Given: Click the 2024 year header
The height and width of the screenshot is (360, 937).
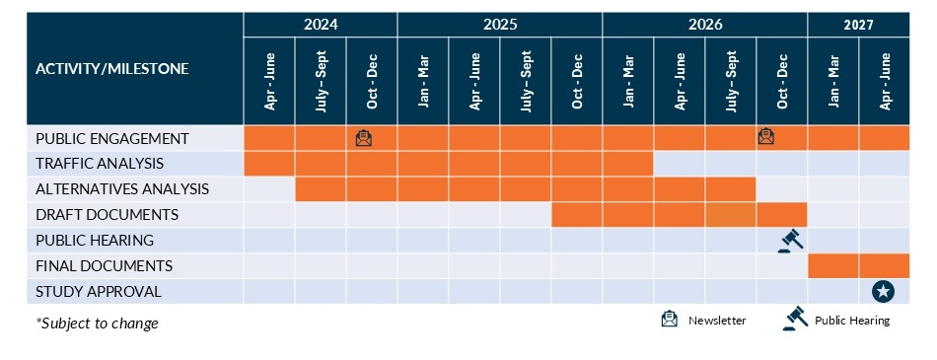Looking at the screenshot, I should point(321,24).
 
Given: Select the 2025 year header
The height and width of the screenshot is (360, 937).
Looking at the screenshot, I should point(500,24).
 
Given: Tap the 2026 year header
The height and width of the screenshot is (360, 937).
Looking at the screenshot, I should point(704,24).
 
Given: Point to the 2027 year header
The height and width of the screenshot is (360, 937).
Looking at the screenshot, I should point(858,24).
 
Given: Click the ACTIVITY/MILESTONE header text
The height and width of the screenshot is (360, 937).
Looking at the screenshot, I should point(111,69).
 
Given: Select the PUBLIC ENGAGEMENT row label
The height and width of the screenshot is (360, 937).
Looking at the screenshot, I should point(111,138).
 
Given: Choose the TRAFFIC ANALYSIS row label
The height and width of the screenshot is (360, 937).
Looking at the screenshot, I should point(99,164).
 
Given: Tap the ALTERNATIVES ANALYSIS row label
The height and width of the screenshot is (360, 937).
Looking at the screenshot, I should point(121,189).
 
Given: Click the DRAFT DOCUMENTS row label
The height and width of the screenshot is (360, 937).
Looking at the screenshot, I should point(107,215).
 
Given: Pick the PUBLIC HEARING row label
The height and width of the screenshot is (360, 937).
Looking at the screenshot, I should point(94,241).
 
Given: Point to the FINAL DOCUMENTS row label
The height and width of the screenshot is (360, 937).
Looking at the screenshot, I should point(104,266).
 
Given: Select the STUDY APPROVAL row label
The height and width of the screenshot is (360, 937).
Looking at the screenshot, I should point(98,292).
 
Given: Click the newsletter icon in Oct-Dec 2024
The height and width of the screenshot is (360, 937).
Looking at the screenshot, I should point(364,138).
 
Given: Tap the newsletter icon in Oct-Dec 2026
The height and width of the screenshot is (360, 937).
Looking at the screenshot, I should point(766,137).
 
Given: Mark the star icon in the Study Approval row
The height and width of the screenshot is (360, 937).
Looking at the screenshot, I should point(884,291).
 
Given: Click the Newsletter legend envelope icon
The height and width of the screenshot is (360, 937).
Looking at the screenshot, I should point(671,320).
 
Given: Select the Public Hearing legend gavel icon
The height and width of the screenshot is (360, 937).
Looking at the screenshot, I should point(795,319).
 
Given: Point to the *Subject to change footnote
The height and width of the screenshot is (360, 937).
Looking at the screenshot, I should point(97,324).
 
